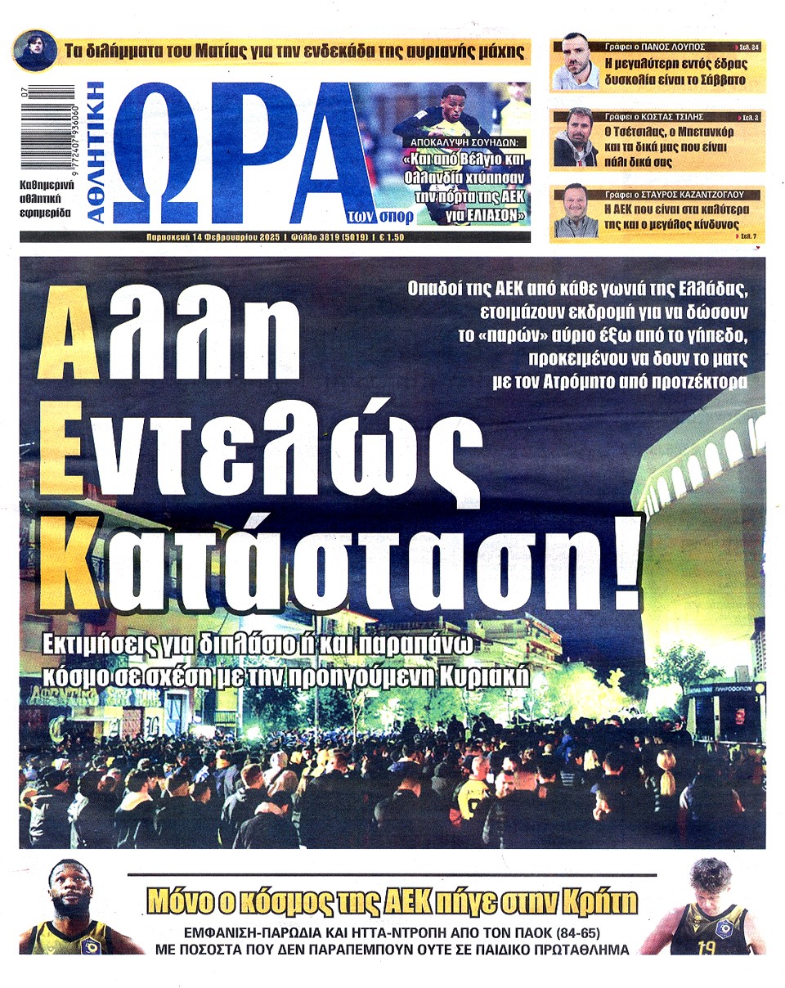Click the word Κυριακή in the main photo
[489, 678]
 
